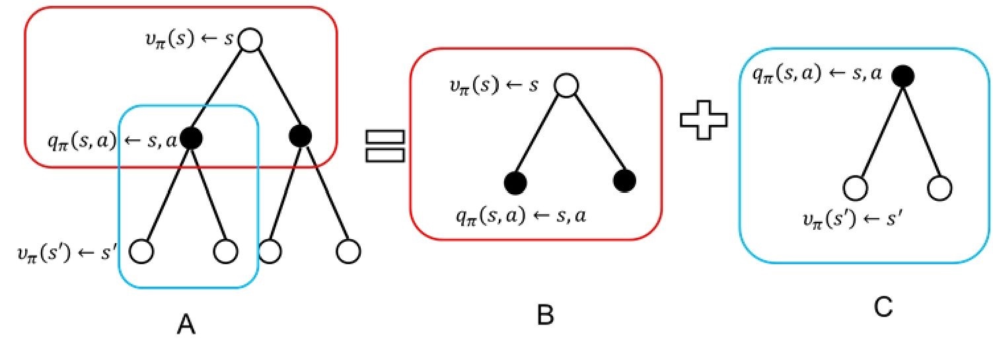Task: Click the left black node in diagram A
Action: tap(191, 137)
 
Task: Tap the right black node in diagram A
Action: tap(301, 136)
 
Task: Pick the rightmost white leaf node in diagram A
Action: tap(348, 251)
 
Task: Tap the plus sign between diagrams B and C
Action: tap(704, 123)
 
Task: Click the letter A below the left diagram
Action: tap(187, 325)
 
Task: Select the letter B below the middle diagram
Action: tap(545, 316)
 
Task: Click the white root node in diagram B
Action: tap(566, 85)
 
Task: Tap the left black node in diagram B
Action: tap(515, 180)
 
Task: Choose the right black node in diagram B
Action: tap(624, 180)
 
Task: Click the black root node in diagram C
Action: tap(902, 77)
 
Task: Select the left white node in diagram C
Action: tap(856, 188)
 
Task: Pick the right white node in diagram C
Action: tap(939, 188)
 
